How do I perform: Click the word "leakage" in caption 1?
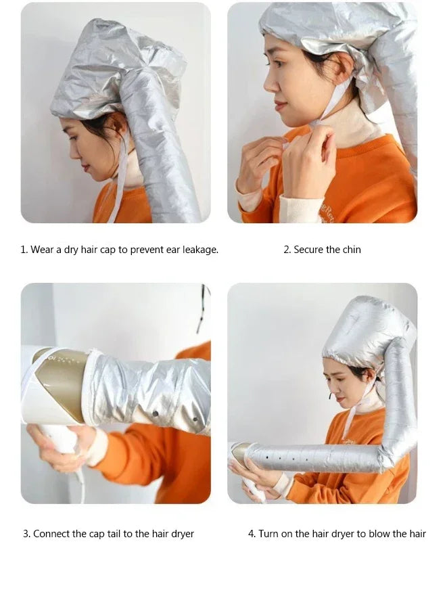[x=199, y=250]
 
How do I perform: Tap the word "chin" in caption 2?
[x=352, y=250]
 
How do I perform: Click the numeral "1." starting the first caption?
[x=24, y=250]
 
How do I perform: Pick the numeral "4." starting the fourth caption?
[x=252, y=534]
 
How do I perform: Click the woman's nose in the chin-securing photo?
[x=267, y=86]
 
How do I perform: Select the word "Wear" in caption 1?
[x=42, y=250]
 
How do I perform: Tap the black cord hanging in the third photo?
[x=202, y=308]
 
